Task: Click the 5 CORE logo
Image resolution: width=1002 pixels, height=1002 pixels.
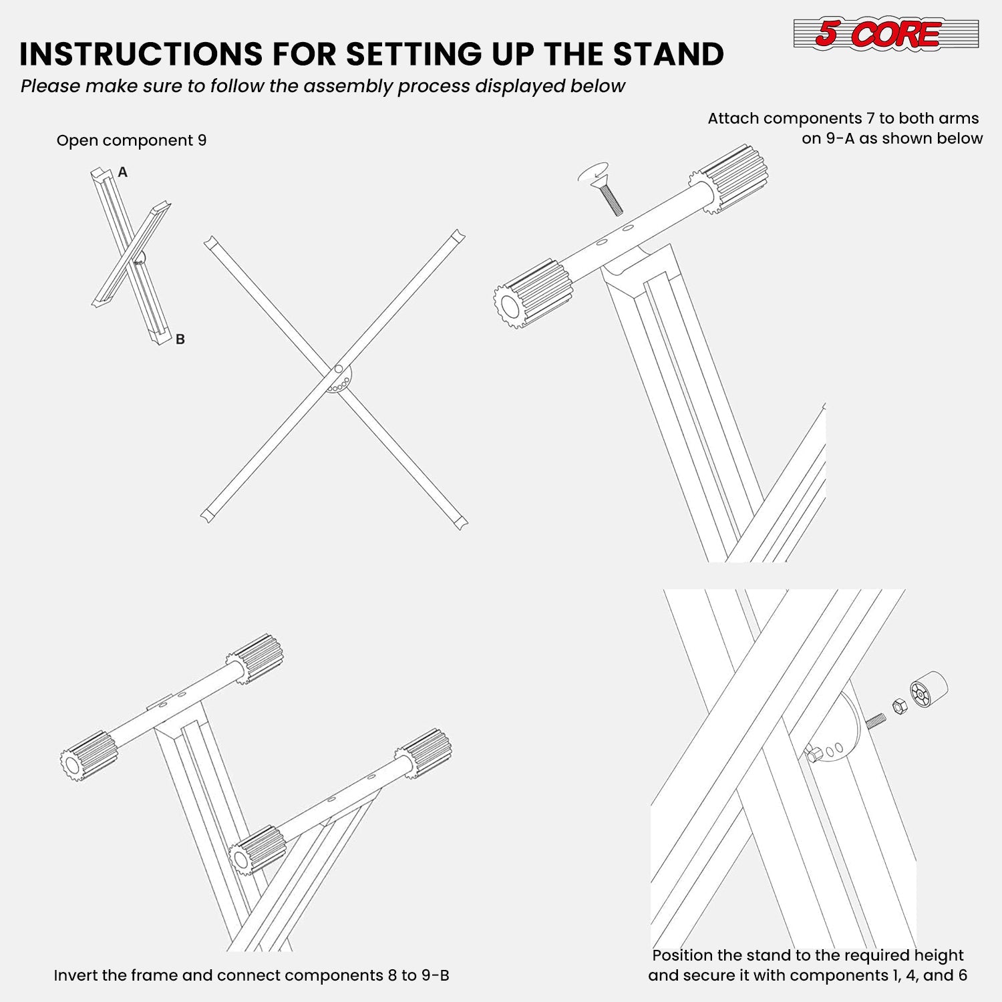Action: (885, 33)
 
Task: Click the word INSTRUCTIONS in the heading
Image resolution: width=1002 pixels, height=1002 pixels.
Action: (140, 54)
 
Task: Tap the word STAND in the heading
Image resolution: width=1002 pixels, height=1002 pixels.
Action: (668, 54)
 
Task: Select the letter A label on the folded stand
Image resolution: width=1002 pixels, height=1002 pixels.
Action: (122, 172)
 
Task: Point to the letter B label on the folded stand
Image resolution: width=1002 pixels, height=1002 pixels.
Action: (180, 339)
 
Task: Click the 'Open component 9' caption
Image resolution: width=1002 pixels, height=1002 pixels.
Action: (132, 140)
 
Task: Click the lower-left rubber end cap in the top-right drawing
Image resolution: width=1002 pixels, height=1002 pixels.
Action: (534, 294)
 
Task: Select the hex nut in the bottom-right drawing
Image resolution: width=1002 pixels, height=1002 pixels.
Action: (899, 706)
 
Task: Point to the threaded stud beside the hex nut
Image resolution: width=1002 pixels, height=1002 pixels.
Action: (876, 721)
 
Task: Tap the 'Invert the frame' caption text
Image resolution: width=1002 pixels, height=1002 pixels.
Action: (251, 975)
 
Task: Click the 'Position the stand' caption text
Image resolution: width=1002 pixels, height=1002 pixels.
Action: (808, 965)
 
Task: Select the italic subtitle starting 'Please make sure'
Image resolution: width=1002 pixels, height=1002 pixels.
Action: (323, 86)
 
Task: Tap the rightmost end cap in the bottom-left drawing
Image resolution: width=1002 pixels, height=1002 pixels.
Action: (424, 753)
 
